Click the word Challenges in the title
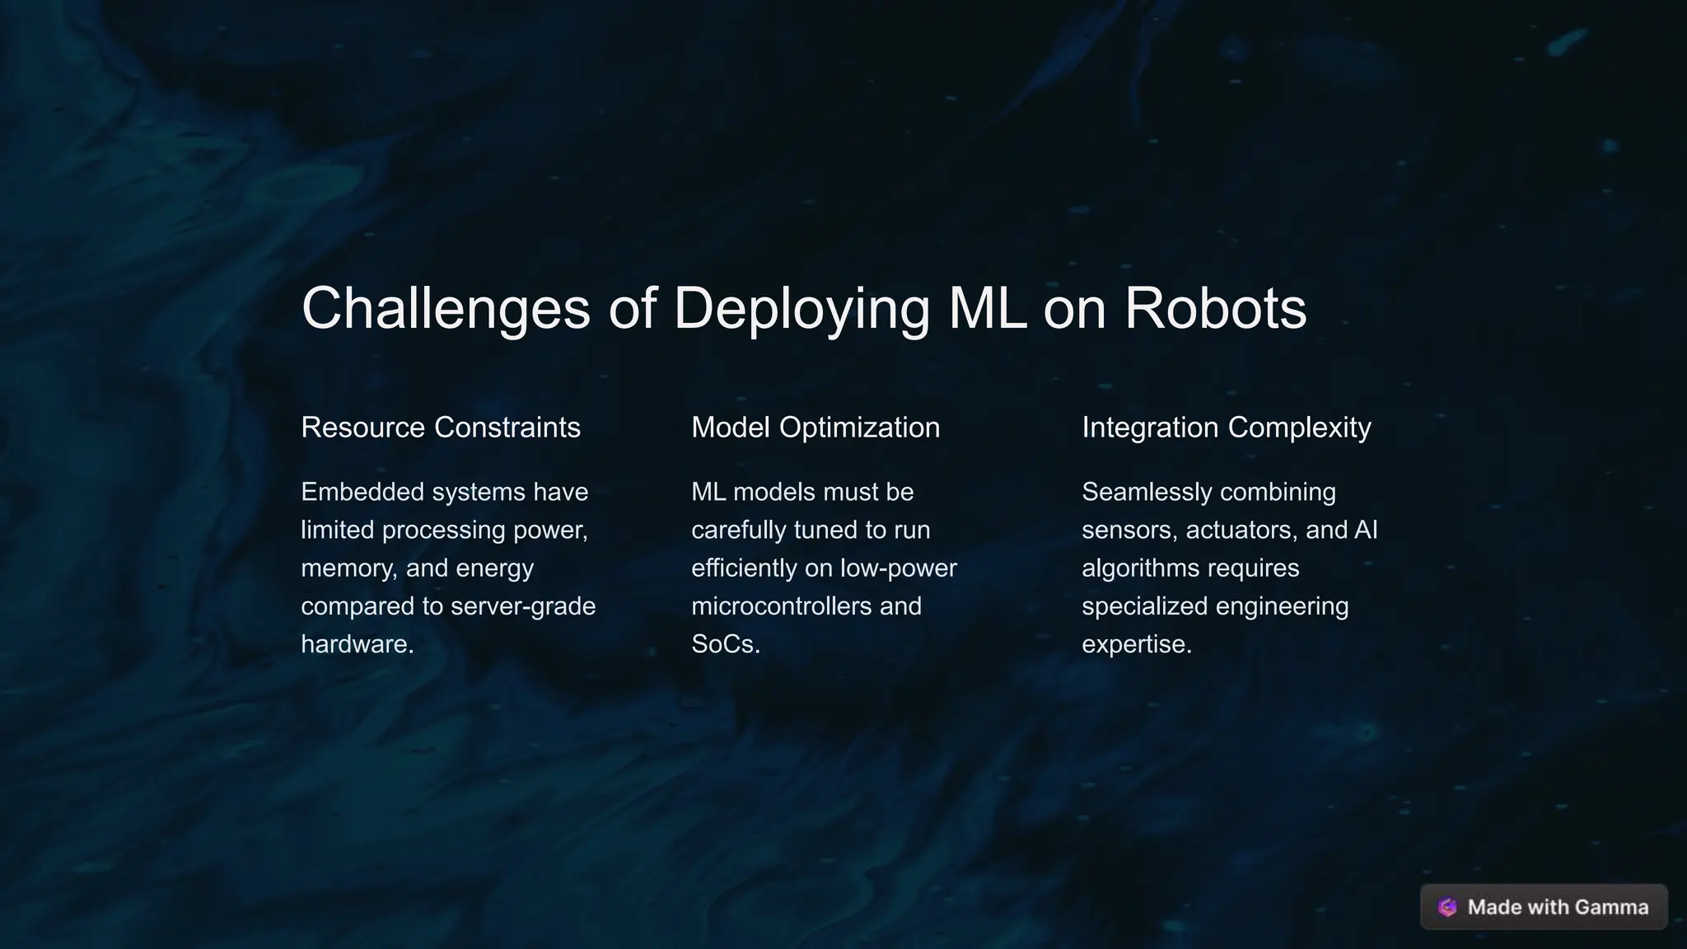446,309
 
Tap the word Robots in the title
1215,309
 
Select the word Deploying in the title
801,309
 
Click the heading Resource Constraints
441,428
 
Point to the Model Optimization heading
815,428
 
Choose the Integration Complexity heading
1226,428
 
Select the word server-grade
523,606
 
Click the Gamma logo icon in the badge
1447,907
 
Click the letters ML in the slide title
987,309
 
